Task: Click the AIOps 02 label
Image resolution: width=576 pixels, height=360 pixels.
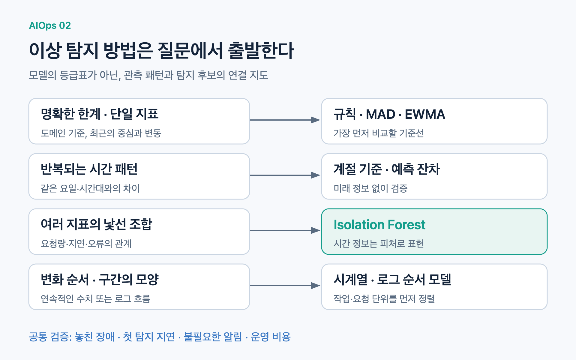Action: [50, 25]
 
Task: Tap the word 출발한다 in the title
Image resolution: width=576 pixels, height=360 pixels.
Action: [261, 50]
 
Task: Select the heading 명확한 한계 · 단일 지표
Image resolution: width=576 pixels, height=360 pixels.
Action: [100, 114]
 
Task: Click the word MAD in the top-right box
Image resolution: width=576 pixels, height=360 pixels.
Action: [380, 114]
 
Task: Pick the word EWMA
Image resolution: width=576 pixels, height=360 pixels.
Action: [425, 114]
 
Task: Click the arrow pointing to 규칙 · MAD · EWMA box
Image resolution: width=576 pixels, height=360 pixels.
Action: [285, 120]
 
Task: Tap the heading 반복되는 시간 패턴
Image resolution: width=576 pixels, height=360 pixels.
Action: [89, 169]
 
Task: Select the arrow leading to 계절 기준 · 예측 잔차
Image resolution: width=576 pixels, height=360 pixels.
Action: [285, 175]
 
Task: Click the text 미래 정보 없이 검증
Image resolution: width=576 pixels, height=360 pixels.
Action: [370, 188]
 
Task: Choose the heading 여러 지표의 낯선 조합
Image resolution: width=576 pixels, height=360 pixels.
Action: [97, 224]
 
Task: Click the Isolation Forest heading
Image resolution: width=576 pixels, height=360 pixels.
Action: [379, 225]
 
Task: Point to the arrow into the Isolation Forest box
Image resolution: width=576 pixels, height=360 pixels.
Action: [285, 230]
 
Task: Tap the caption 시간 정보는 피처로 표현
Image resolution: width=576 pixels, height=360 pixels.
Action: [379, 244]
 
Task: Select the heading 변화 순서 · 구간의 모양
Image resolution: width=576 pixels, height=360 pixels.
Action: [100, 280]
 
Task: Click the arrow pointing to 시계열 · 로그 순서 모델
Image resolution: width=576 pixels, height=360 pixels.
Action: [285, 286]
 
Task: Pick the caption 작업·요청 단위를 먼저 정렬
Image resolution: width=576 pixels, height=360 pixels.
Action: [384, 299]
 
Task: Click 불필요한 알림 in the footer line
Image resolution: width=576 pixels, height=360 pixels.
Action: [213, 337]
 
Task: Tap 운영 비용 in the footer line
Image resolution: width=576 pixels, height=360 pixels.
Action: [271, 337]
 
